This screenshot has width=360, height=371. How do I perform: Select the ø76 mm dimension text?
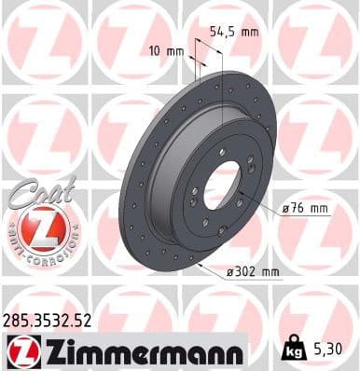306,209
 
